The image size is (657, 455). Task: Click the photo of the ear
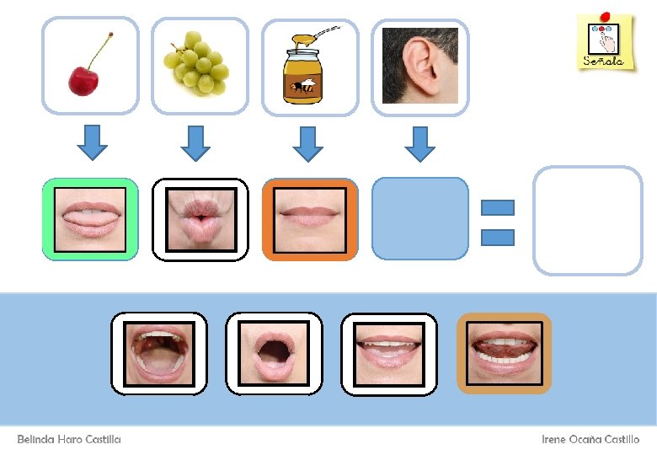(419, 66)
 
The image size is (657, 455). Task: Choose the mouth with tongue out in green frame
(90, 219)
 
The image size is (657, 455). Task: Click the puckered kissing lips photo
(200, 219)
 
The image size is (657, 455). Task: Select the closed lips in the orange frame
(310, 219)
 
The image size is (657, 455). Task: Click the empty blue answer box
(419, 219)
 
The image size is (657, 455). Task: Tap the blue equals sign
(497, 222)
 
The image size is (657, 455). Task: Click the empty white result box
(587, 221)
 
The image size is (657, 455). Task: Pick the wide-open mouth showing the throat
(158, 353)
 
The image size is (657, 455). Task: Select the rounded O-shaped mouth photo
(274, 353)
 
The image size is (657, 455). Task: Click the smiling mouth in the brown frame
(504, 353)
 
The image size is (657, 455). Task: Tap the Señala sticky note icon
(605, 41)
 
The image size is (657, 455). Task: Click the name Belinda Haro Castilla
(69, 439)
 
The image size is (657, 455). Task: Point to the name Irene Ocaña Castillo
(590, 439)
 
